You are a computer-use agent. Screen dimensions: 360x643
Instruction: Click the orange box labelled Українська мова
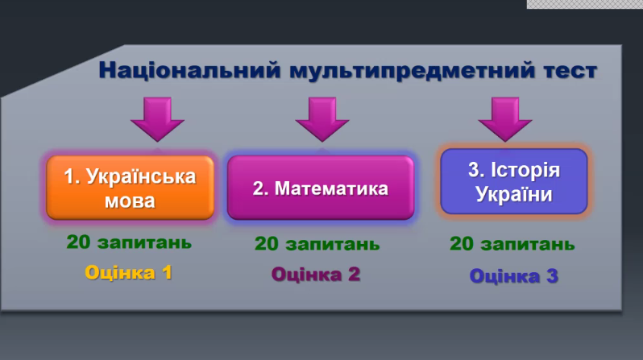tap(131, 188)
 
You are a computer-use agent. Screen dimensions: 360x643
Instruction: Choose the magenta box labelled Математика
tap(321, 188)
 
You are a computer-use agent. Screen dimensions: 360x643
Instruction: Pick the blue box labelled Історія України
tap(514, 181)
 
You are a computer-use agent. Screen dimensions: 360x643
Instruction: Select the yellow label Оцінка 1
tap(129, 272)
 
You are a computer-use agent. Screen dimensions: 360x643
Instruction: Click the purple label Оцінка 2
tap(316, 274)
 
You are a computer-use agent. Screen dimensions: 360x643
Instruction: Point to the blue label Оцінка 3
tap(513, 276)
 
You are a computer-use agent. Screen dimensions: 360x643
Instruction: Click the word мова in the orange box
tap(131, 200)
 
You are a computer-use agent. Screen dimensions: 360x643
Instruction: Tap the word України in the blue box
tap(514, 194)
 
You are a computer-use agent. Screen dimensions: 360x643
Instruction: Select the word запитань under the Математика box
tap(335, 244)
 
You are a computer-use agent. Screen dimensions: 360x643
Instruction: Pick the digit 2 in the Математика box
tap(259, 188)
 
